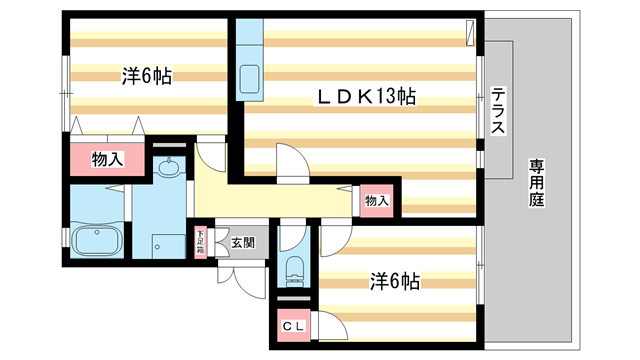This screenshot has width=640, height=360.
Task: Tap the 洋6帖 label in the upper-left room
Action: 146,75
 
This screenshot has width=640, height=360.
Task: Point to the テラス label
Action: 498,113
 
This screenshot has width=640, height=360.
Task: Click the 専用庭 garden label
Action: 536,182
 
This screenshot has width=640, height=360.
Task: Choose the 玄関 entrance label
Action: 243,241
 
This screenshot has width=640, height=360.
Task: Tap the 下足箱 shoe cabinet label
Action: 200,242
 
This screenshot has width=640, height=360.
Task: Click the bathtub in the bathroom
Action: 98,240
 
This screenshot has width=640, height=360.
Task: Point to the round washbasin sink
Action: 170,168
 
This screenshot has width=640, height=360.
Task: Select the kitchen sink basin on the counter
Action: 249,77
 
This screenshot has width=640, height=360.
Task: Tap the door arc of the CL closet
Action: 332,324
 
